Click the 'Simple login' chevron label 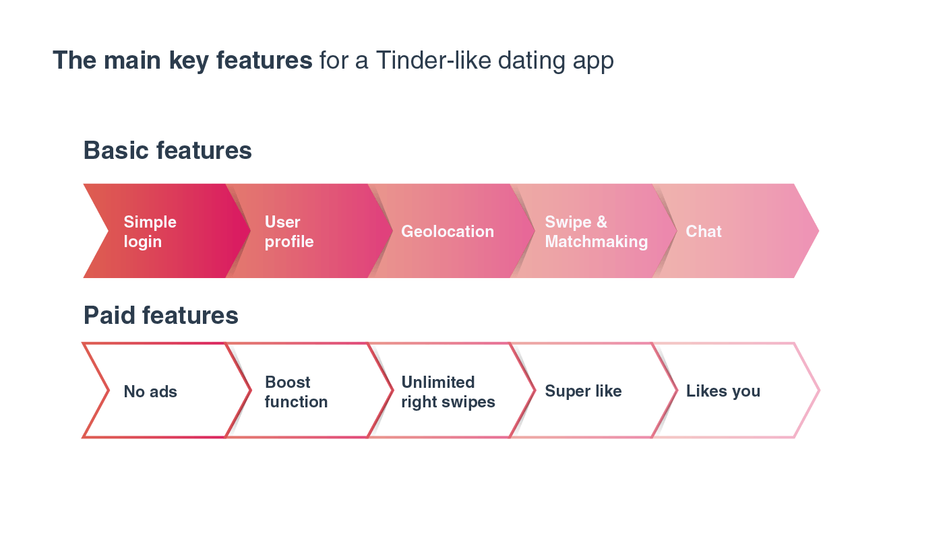pyautogui.click(x=150, y=232)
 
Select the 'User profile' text pyautogui.click(x=289, y=232)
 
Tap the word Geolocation pyautogui.click(x=448, y=232)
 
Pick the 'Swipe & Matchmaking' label pyautogui.click(x=596, y=232)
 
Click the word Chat pyautogui.click(x=704, y=232)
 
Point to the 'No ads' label pyautogui.click(x=150, y=392)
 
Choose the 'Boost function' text pyautogui.click(x=296, y=392)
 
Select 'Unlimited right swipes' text pyautogui.click(x=448, y=392)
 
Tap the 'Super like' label pyautogui.click(x=583, y=391)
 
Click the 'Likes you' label pyautogui.click(x=723, y=391)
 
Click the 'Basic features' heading pyautogui.click(x=167, y=150)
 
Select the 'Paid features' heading pyautogui.click(x=160, y=315)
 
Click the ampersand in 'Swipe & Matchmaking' pyautogui.click(x=601, y=222)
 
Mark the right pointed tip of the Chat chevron pyautogui.click(x=818, y=231)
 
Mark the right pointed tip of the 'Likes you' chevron pyautogui.click(x=818, y=391)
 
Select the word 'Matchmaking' pyautogui.click(x=596, y=242)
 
